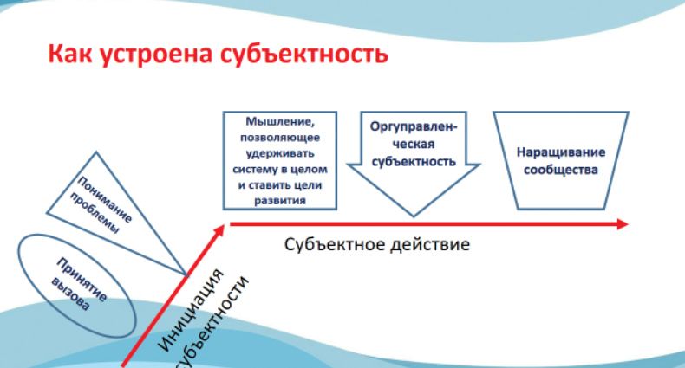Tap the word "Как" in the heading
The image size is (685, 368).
68,56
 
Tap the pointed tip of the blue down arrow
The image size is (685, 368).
414,212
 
